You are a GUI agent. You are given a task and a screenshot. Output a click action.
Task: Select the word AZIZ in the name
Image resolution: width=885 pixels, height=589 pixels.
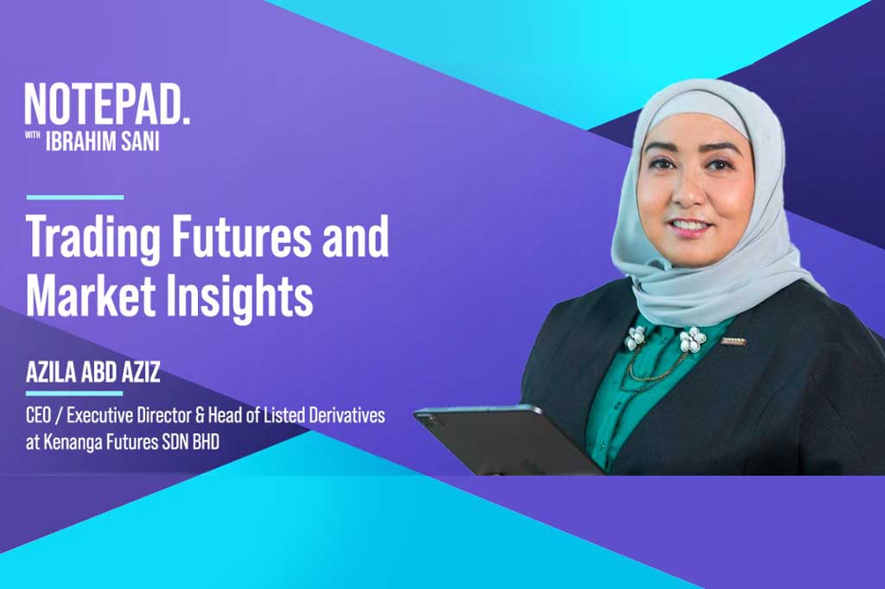pyautogui.click(x=140, y=372)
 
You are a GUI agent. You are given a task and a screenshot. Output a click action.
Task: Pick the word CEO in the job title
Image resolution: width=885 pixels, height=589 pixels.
pyautogui.click(x=39, y=416)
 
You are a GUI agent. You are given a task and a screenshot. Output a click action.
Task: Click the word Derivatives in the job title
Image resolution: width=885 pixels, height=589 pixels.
pyautogui.click(x=347, y=416)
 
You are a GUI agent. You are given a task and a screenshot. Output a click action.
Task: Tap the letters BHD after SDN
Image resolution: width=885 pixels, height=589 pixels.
pyautogui.click(x=206, y=442)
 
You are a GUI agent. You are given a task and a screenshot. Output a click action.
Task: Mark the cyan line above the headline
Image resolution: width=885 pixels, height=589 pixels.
pyautogui.click(x=75, y=197)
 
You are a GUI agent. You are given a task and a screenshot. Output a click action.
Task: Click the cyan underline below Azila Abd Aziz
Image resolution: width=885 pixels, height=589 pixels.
pyautogui.click(x=74, y=393)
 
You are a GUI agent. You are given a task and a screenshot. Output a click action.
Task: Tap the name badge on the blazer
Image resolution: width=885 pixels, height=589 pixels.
pyautogui.click(x=733, y=341)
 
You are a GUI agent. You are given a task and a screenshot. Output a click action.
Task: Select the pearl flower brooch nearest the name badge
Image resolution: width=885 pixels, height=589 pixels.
pyautogui.click(x=692, y=339)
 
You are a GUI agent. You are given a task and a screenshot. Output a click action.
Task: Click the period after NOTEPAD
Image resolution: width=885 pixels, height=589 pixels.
pyautogui.click(x=186, y=118)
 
